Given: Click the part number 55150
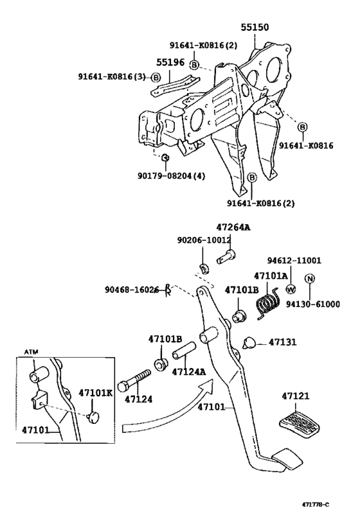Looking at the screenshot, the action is [x=255, y=27].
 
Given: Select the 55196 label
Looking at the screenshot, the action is [x=170, y=62].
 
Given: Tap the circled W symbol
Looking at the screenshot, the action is [x=291, y=289].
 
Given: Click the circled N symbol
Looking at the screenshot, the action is [x=310, y=279].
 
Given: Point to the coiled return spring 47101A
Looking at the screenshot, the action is [x=268, y=303].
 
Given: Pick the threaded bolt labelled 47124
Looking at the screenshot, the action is [x=134, y=380].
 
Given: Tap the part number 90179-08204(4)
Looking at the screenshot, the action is [x=171, y=176].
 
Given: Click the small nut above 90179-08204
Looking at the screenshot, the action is [x=165, y=157].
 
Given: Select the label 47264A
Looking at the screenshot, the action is [x=233, y=227].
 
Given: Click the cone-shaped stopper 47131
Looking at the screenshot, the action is [x=249, y=342].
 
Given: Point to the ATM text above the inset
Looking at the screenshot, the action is [x=32, y=352].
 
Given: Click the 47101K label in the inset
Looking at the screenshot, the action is [x=96, y=393].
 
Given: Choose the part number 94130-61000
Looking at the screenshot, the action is [x=312, y=304].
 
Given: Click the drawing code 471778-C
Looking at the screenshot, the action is [x=315, y=514].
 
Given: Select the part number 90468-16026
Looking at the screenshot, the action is [x=131, y=290].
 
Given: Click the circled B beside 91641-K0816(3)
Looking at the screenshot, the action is [x=156, y=78].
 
